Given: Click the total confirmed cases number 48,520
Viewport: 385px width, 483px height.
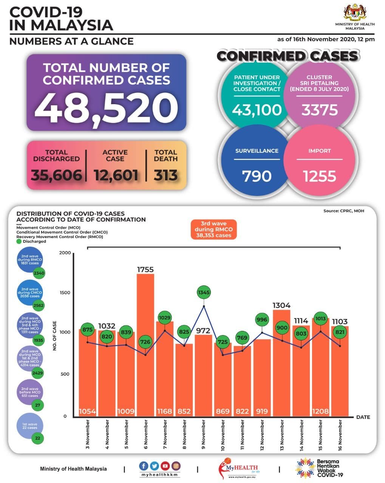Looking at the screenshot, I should [106, 106].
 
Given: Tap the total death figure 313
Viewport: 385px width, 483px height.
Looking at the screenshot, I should [165, 175].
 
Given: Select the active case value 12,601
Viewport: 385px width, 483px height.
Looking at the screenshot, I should [116, 175].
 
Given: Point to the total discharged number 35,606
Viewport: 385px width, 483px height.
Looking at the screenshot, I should [57, 175].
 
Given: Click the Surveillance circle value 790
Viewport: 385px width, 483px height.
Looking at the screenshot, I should [257, 176].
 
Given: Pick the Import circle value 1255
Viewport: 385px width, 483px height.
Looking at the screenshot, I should [319, 176].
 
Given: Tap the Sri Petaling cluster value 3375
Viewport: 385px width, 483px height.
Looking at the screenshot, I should [319, 110].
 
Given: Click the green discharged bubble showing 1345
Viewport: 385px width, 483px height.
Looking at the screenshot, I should [204, 292].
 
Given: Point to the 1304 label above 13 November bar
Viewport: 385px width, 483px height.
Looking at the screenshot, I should [282, 305].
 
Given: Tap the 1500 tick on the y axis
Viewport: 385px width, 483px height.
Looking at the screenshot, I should [65, 292].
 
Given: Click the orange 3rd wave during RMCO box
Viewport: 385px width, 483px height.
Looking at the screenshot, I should [213, 229].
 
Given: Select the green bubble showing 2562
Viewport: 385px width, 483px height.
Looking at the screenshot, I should [39, 306].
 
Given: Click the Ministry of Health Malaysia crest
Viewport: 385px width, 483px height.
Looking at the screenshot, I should [355, 13].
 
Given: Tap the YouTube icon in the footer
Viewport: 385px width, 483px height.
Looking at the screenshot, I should [165, 466].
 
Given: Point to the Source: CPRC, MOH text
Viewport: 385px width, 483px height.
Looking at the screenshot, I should [343, 211].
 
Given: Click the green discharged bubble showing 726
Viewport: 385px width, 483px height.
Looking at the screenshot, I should [145, 342].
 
